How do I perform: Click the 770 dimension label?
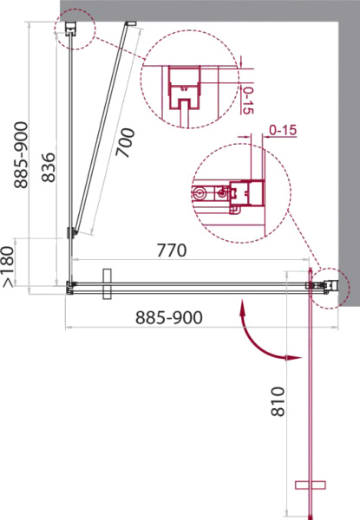172,250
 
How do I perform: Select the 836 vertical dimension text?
49,167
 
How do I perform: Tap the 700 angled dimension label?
126,143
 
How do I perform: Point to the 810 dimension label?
278,401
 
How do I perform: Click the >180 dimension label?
9,266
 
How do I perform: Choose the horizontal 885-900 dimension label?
169,318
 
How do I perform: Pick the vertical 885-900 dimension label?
21,155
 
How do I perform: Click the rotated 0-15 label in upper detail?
247,101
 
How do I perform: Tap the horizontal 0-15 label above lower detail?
283,130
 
